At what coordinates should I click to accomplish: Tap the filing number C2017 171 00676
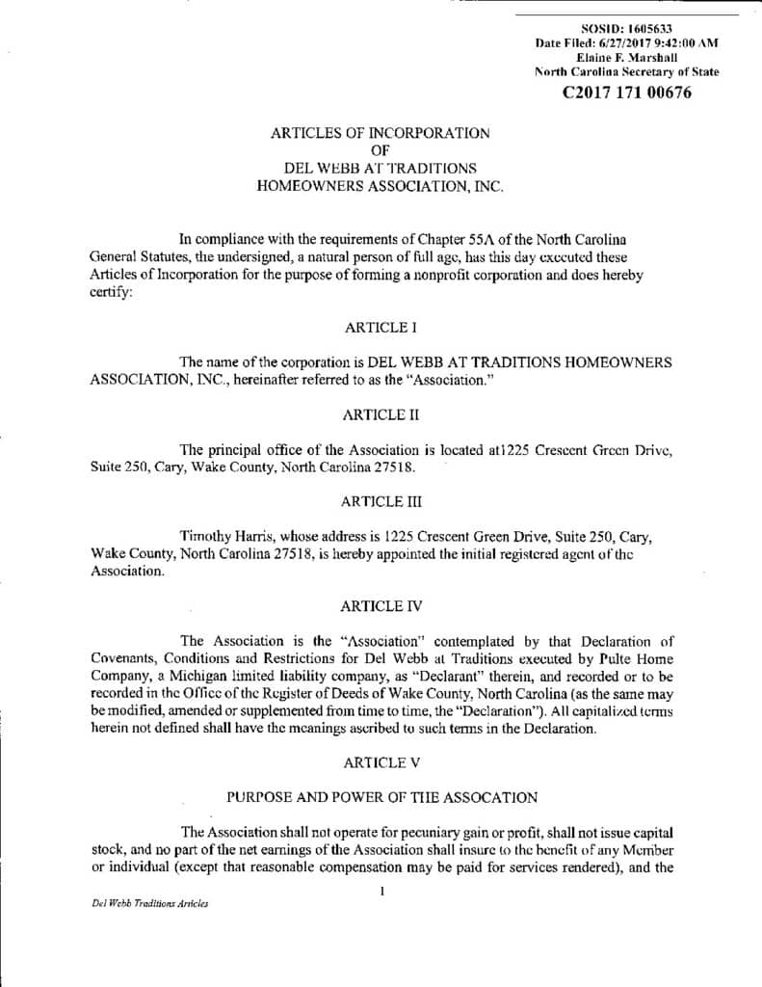[x=626, y=93]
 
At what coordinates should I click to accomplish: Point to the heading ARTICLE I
[x=381, y=328]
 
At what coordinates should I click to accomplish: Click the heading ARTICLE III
[x=381, y=501]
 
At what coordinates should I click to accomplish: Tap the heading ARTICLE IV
[x=381, y=606]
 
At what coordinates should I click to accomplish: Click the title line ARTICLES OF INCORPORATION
[x=381, y=133]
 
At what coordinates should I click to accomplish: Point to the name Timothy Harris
[x=219, y=536]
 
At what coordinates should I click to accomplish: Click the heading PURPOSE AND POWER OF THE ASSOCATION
[x=381, y=796]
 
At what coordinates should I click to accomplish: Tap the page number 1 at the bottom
[x=382, y=892]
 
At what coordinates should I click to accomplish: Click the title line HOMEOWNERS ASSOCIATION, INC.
[x=381, y=187]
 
